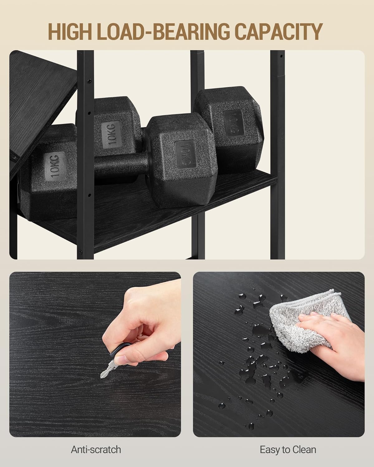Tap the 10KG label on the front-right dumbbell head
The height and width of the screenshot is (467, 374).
click(185, 155)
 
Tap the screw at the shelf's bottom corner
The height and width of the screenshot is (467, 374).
click(81, 252)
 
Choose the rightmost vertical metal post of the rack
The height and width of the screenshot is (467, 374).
click(277, 155)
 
